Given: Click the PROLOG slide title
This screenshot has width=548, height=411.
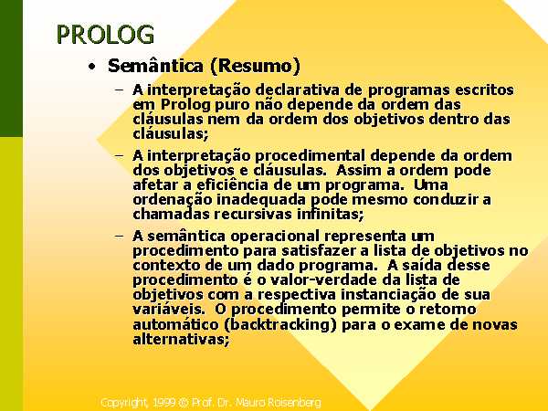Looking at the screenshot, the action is pyautogui.click(x=105, y=35).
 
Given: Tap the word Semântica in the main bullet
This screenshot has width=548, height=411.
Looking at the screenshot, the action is pyautogui.click(x=155, y=66).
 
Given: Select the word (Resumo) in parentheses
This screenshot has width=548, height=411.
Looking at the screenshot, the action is pyautogui.click(x=255, y=66).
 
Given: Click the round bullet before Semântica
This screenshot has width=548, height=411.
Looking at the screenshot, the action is pyautogui.click(x=92, y=66).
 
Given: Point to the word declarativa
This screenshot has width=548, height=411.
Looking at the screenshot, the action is pyautogui.click(x=298, y=90).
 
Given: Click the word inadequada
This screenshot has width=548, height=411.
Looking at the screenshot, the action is pyautogui.click(x=261, y=200).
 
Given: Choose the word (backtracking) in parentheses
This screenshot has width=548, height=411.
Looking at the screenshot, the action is pyautogui.click(x=279, y=324).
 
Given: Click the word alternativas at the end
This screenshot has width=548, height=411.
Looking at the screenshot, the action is pyautogui.click(x=181, y=339).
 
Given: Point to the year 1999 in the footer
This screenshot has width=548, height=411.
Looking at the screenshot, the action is pyautogui.click(x=164, y=402).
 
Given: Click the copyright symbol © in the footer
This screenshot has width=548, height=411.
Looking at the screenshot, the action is pyautogui.click(x=184, y=403).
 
